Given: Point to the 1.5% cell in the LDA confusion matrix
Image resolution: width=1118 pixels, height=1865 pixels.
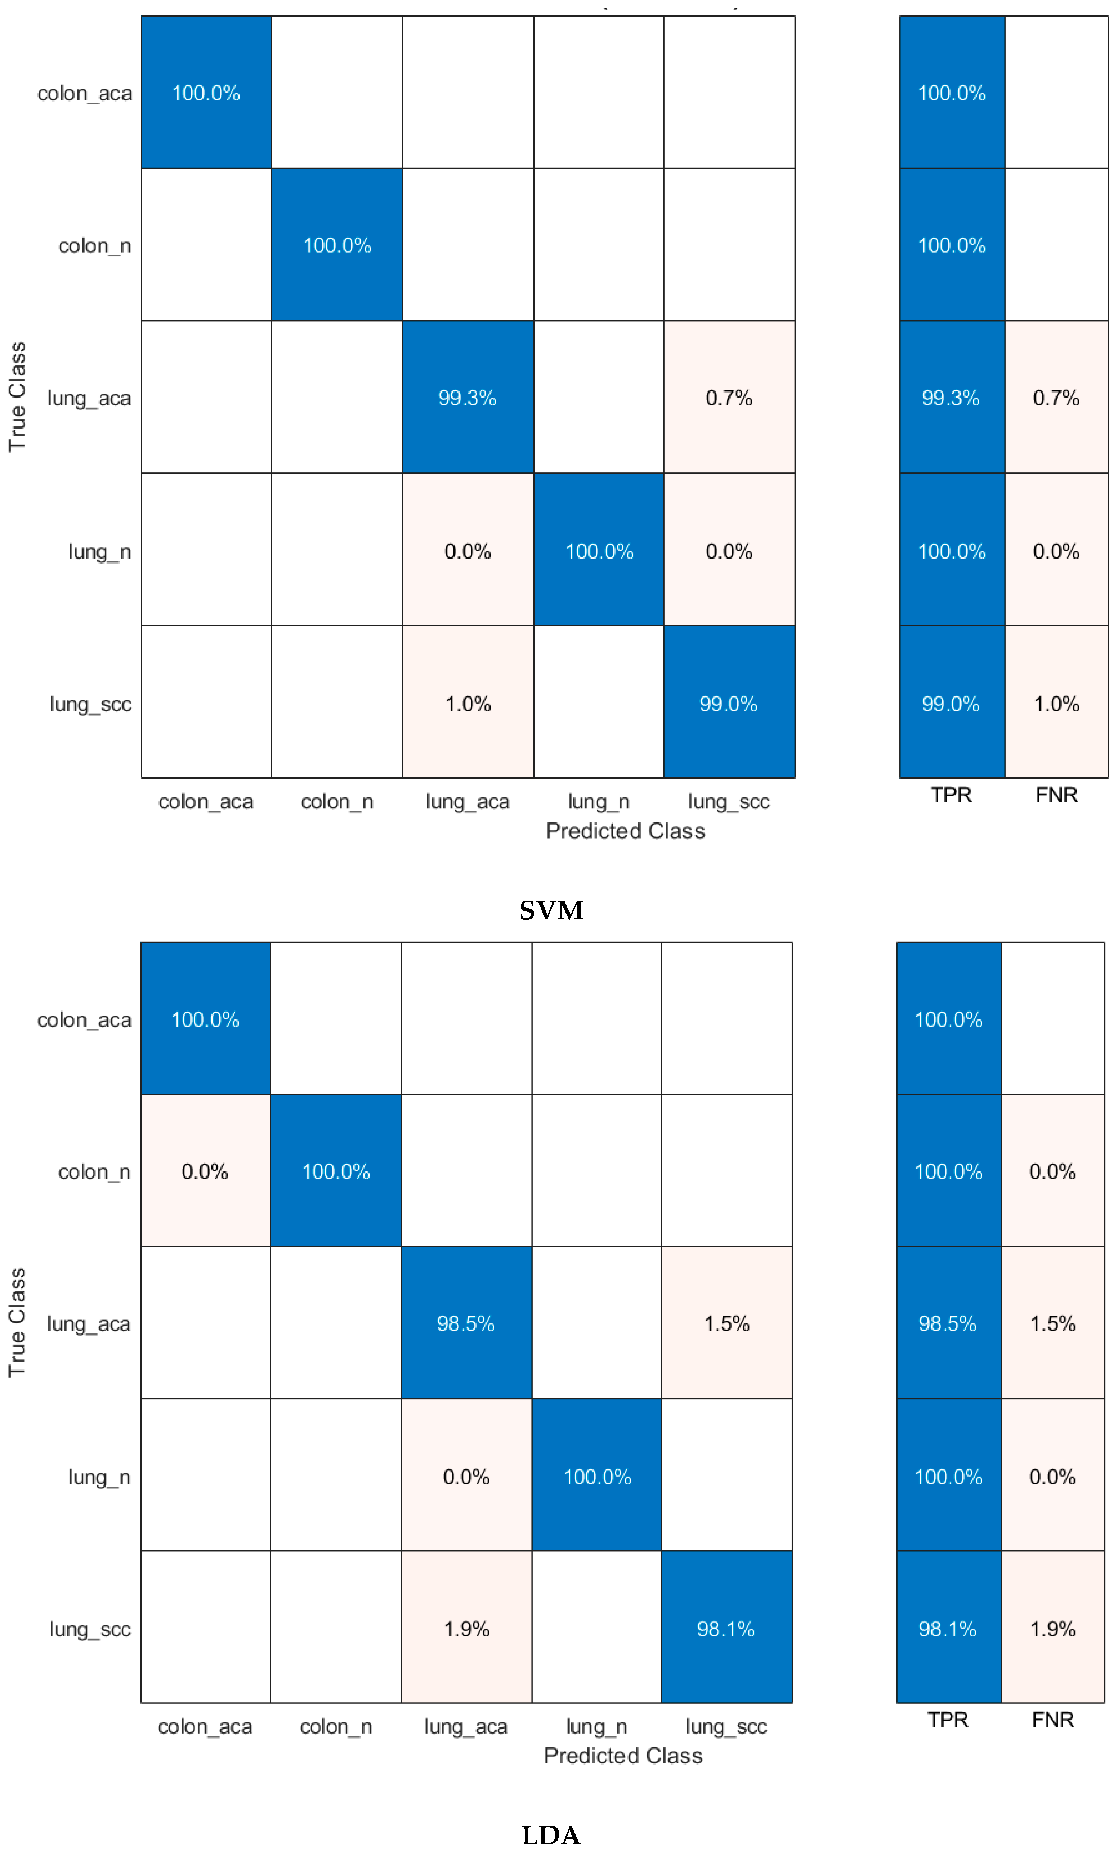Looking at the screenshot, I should (x=726, y=1323).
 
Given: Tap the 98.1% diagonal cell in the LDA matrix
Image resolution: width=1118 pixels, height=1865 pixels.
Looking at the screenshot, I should (x=726, y=1628).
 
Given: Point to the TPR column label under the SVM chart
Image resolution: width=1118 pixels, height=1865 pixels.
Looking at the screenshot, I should (x=951, y=795).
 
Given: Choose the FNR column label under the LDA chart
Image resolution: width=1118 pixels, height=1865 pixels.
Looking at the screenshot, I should (x=1052, y=1720).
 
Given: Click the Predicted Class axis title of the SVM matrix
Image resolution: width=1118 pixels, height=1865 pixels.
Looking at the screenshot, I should (x=625, y=831).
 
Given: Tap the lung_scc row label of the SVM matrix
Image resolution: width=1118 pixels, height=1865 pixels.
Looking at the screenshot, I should (x=90, y=704).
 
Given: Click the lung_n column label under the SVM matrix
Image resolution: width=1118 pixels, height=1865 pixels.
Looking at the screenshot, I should (x=598, y=802).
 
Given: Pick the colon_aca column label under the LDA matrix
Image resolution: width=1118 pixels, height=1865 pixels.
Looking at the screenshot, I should (x=205, y=1726).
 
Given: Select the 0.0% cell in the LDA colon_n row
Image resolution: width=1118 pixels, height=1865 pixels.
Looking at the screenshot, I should (x=205, y=1171).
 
